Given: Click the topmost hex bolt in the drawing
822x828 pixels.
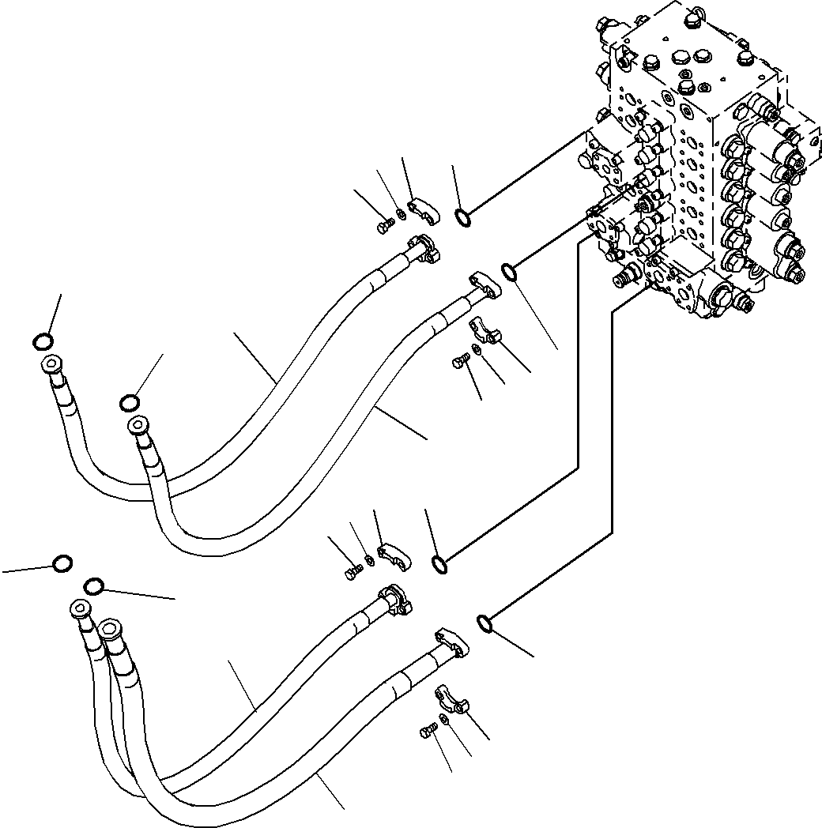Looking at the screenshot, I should tap(383, 227).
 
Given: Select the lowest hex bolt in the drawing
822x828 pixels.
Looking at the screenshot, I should tap(428, 733).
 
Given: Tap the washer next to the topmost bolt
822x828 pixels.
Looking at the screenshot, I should tap(402, 215).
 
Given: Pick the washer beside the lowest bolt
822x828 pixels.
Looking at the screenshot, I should tap(445, 721).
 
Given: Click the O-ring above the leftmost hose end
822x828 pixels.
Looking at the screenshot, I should tap(43, 341).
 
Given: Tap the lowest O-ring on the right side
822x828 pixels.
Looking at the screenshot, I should tap(486, 624).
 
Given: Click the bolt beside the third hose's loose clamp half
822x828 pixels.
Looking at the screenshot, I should tap(351, 573).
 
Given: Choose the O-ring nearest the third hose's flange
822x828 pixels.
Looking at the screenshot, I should tap(439, 564).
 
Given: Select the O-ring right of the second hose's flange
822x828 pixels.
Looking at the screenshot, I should tap(510, 273).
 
